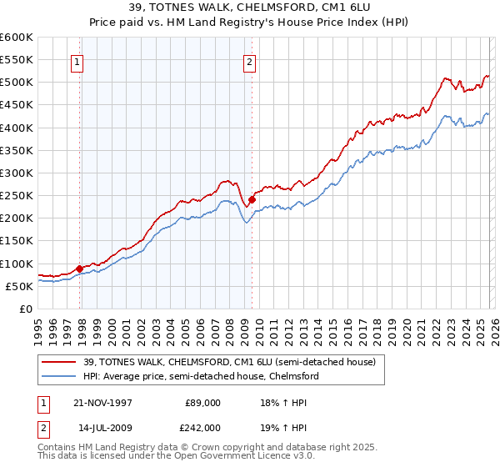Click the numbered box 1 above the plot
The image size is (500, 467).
pyautogui.click(x=77, y=61)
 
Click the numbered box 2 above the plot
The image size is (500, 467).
pyautogui.click(x=249, y=61)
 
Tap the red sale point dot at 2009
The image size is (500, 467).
pyautogui.click(x=252, y=199)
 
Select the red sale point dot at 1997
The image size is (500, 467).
pyautogui.click(x=80, y=269)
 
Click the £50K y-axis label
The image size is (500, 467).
pyautogui.click(x=18, y=286)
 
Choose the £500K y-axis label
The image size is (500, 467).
pyautogui.click(x=17, y=83)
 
